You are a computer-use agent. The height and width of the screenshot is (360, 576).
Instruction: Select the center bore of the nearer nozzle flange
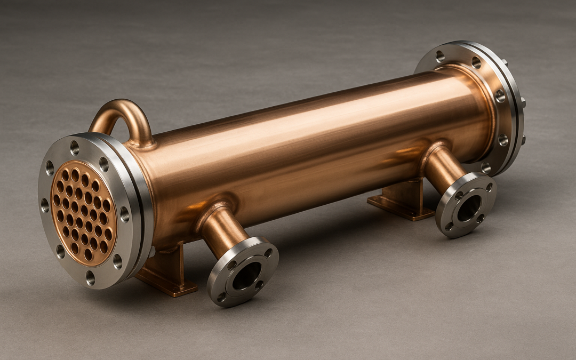(246, 274)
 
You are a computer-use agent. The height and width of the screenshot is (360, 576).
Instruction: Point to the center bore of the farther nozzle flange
(468, 207)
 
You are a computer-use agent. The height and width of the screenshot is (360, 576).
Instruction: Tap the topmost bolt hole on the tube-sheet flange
(74, 147)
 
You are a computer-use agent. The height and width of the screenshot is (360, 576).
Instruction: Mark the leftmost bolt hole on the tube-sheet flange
(45, 205)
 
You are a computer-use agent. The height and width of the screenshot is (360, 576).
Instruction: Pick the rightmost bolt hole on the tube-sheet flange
(124, 214)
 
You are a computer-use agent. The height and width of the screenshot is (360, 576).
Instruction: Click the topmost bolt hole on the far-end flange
(440, 55)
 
